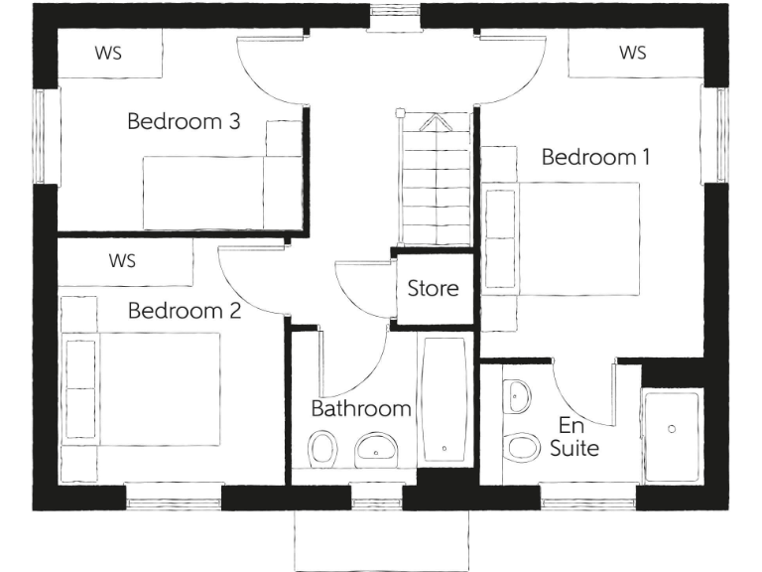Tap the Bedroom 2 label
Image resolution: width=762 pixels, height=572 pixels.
185,311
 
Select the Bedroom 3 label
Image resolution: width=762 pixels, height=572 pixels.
184,122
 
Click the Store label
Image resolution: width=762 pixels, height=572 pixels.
433,289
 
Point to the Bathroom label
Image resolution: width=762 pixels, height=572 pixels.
361,408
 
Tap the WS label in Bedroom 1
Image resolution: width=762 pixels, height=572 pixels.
632,53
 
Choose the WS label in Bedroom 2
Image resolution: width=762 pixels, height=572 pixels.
122,262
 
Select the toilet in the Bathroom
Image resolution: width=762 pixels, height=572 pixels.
321,449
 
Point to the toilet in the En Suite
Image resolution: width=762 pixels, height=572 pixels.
519,447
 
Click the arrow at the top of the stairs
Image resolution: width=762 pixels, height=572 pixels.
435,124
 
